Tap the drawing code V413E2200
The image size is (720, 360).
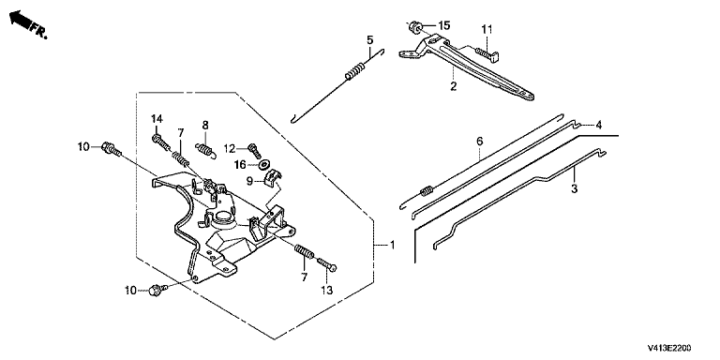669,348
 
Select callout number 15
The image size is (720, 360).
444,25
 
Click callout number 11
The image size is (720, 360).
487,29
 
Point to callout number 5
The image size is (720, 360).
370,40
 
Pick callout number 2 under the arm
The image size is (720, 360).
453,86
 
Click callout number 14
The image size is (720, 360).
157,119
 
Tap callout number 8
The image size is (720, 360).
205,125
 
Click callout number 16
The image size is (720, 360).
240,164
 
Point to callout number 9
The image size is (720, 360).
249,182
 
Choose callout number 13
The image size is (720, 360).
327,291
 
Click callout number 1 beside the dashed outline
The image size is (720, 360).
392,246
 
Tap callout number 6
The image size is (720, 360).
479,142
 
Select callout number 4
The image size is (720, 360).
598,125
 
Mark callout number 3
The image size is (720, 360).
574,188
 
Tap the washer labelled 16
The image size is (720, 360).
265,164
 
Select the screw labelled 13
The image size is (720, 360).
326,265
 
